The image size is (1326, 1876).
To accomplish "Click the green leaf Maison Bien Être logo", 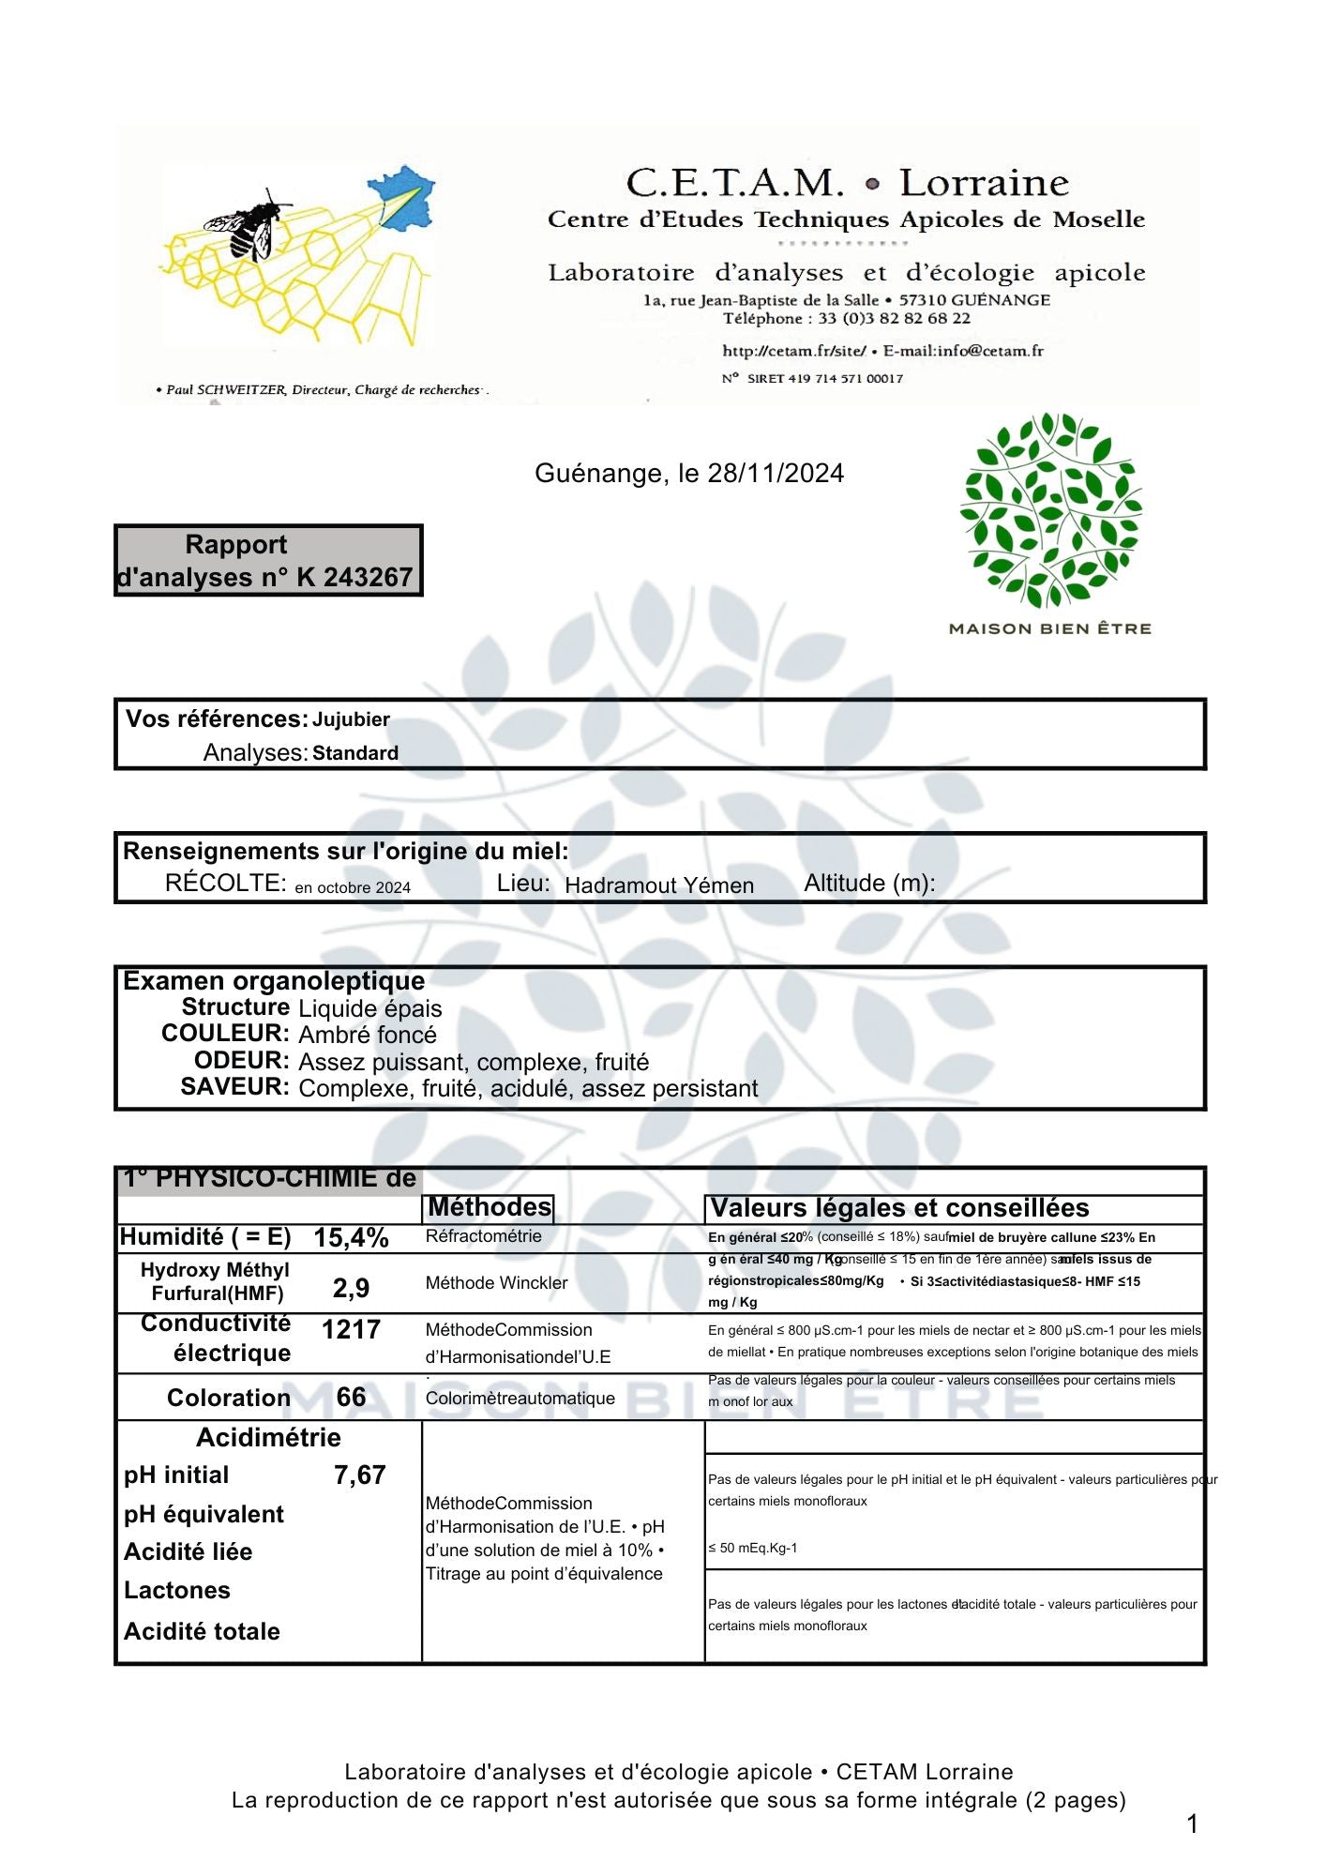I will tap(1049, 511).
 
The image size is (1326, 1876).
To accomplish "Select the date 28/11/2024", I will tap(776, 473).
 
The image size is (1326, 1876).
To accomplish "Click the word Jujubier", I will tap(351, 719).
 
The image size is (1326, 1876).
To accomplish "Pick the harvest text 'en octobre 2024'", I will tap(353, 887).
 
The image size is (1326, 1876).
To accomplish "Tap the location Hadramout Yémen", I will tap(658, 885).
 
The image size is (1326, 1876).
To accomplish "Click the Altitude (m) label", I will tap(868, 884).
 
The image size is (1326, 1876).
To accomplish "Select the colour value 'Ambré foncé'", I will tap(367, 1035).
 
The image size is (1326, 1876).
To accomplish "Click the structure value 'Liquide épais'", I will tap(369, 1008).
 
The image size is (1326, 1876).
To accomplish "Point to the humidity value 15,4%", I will tap(351, 1237).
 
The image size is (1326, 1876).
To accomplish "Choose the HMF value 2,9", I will tap(351, 1288).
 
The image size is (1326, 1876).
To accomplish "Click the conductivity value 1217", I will tap(351, 1329).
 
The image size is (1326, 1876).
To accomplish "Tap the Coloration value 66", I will tap(351, 1397).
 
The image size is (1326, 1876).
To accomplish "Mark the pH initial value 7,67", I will tap(359, 1475).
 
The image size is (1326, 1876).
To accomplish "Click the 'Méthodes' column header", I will tap(490, 1207).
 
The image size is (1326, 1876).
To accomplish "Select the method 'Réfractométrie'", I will tap(483, 1236).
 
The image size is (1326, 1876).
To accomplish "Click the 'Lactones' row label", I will tap(176, 1590).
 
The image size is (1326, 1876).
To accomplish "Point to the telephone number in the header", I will tap(894, 319).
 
